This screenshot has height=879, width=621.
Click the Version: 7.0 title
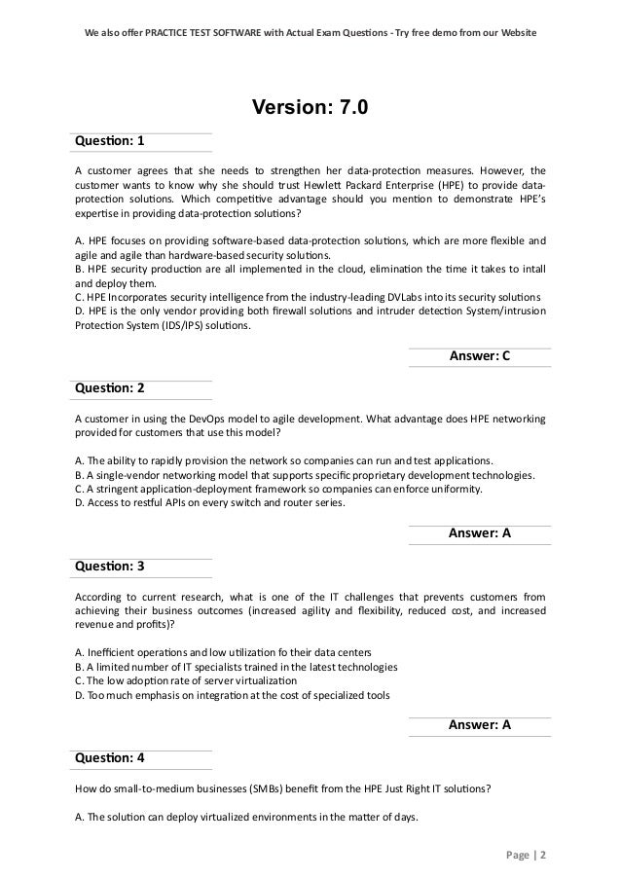[310, 106]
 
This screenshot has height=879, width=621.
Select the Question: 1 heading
[110, 142]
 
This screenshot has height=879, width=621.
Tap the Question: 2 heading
[110, 387]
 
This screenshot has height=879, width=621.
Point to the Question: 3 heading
[110, 567]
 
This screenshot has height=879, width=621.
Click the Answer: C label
[479, 357]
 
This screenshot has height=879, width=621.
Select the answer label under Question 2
[479, 532]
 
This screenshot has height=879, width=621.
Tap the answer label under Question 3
[479, 724]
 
